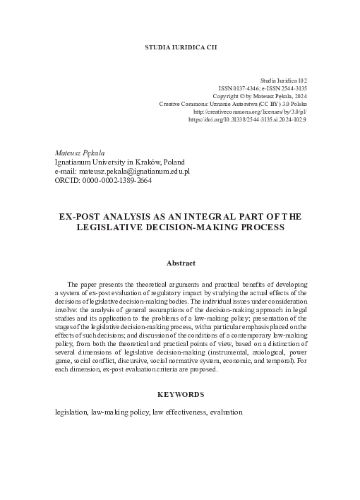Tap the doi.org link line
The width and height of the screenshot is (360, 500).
pos(247,120)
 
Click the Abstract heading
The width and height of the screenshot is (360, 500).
pos(180,263)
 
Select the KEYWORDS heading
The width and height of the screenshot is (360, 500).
pos(180,394)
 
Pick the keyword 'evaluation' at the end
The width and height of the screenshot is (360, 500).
pos(227,412)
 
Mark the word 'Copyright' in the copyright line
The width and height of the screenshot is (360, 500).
pos(227,97)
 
